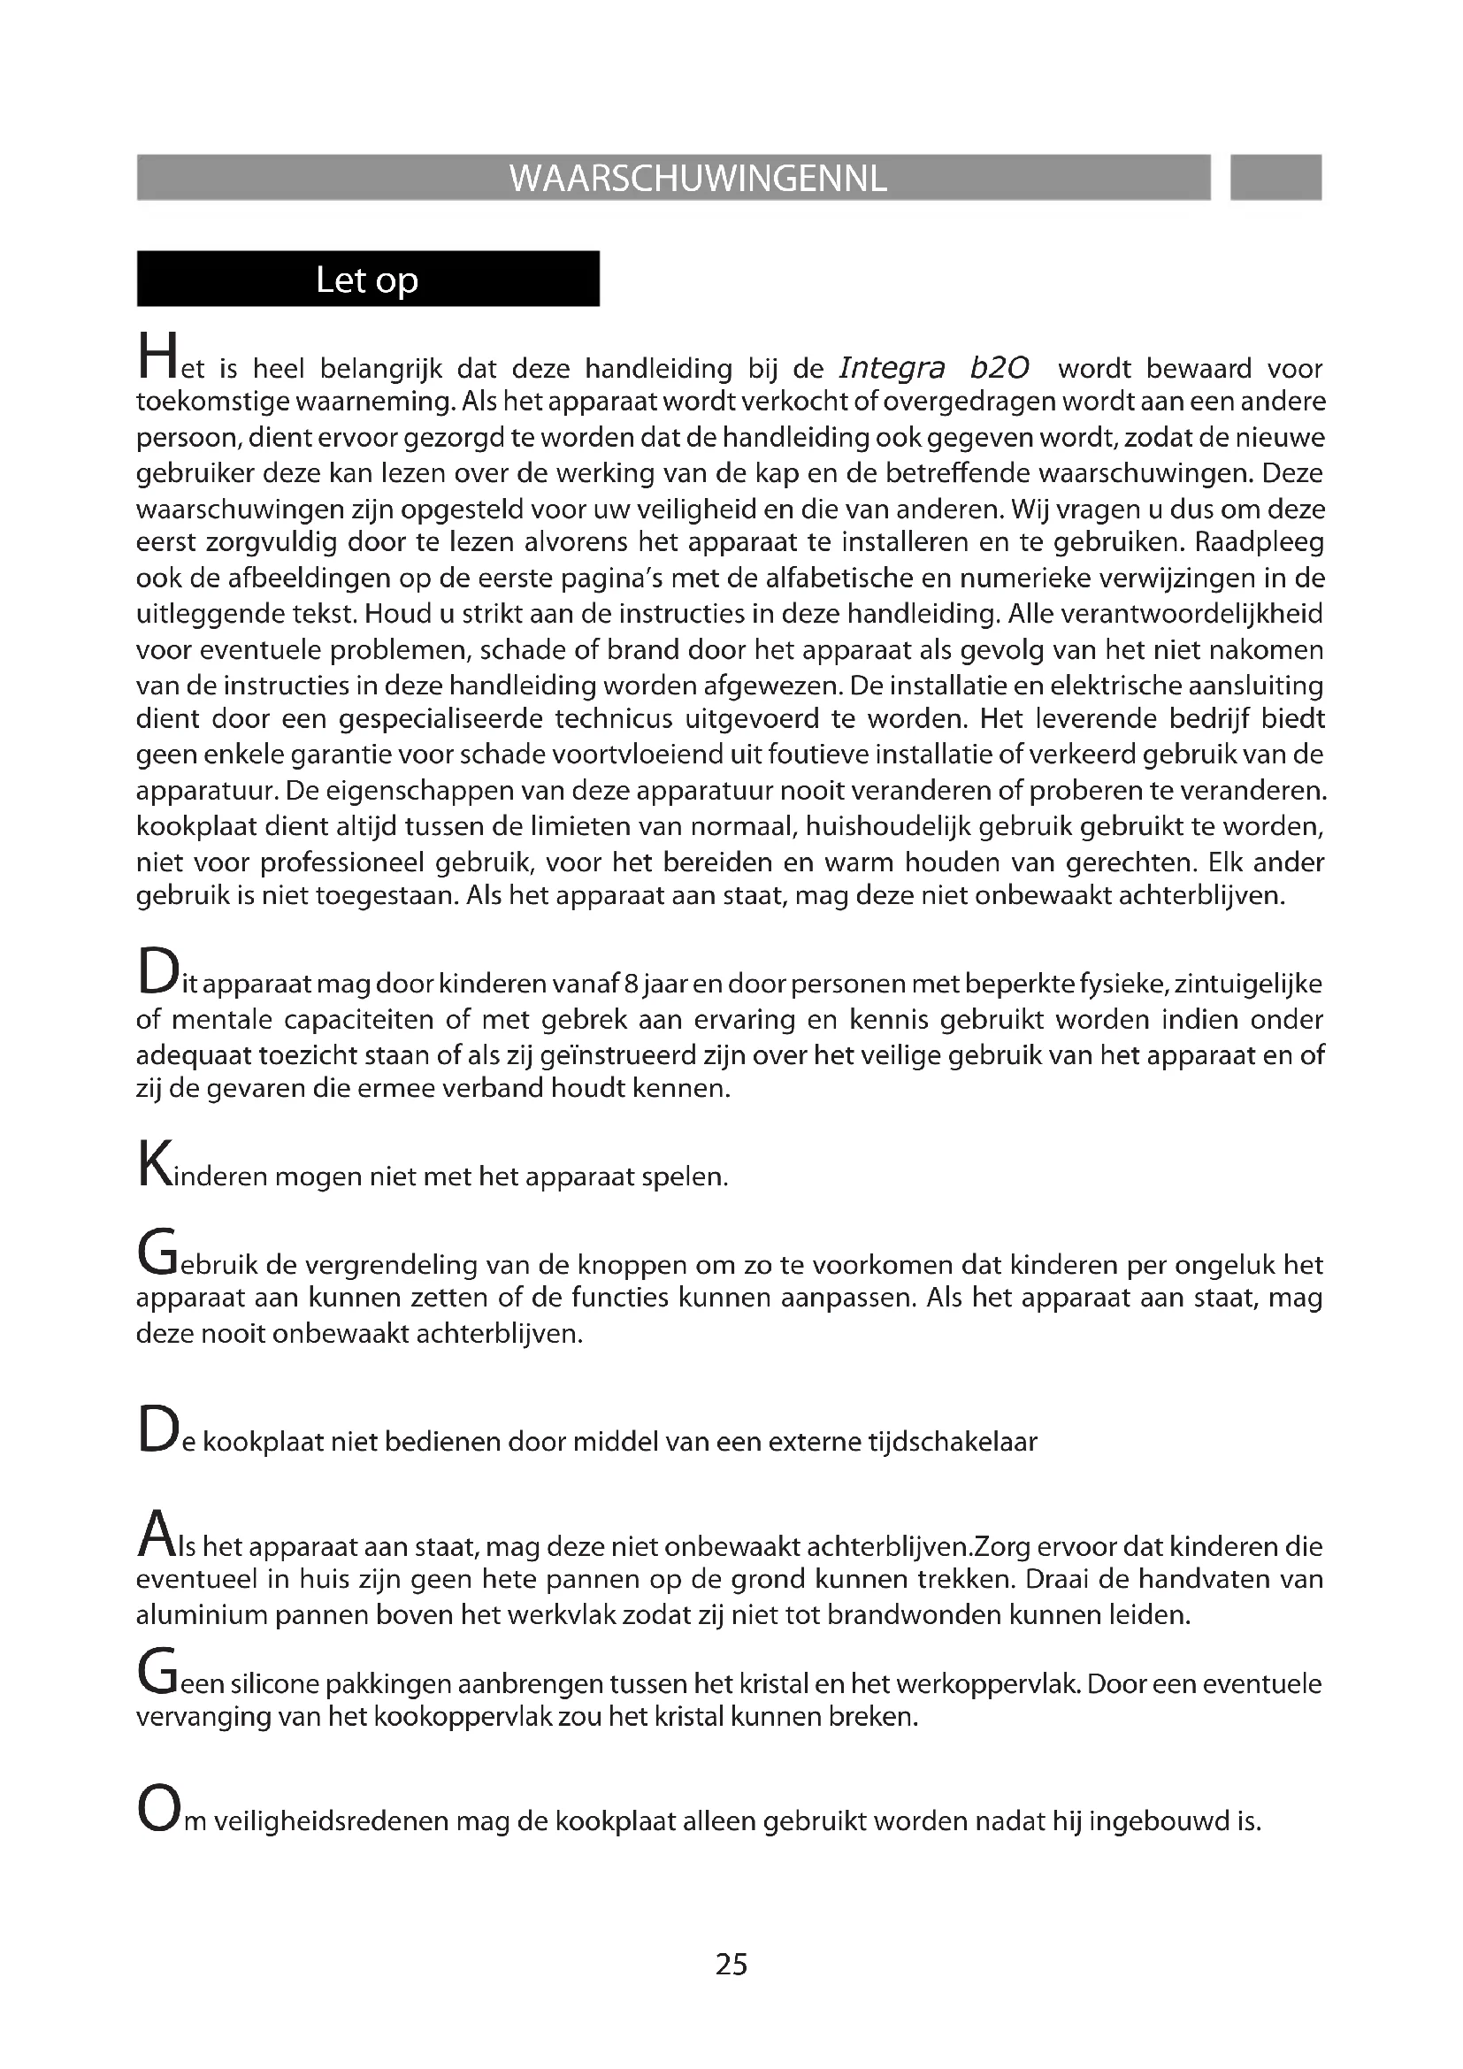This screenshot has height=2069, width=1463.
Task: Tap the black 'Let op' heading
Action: point(368,280)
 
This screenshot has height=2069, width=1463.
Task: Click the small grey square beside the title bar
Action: point(1275,178)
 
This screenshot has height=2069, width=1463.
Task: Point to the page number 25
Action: point(731,1964)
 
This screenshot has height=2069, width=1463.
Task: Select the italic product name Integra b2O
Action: point(933,368)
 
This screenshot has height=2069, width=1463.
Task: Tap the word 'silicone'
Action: point(275,1683)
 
